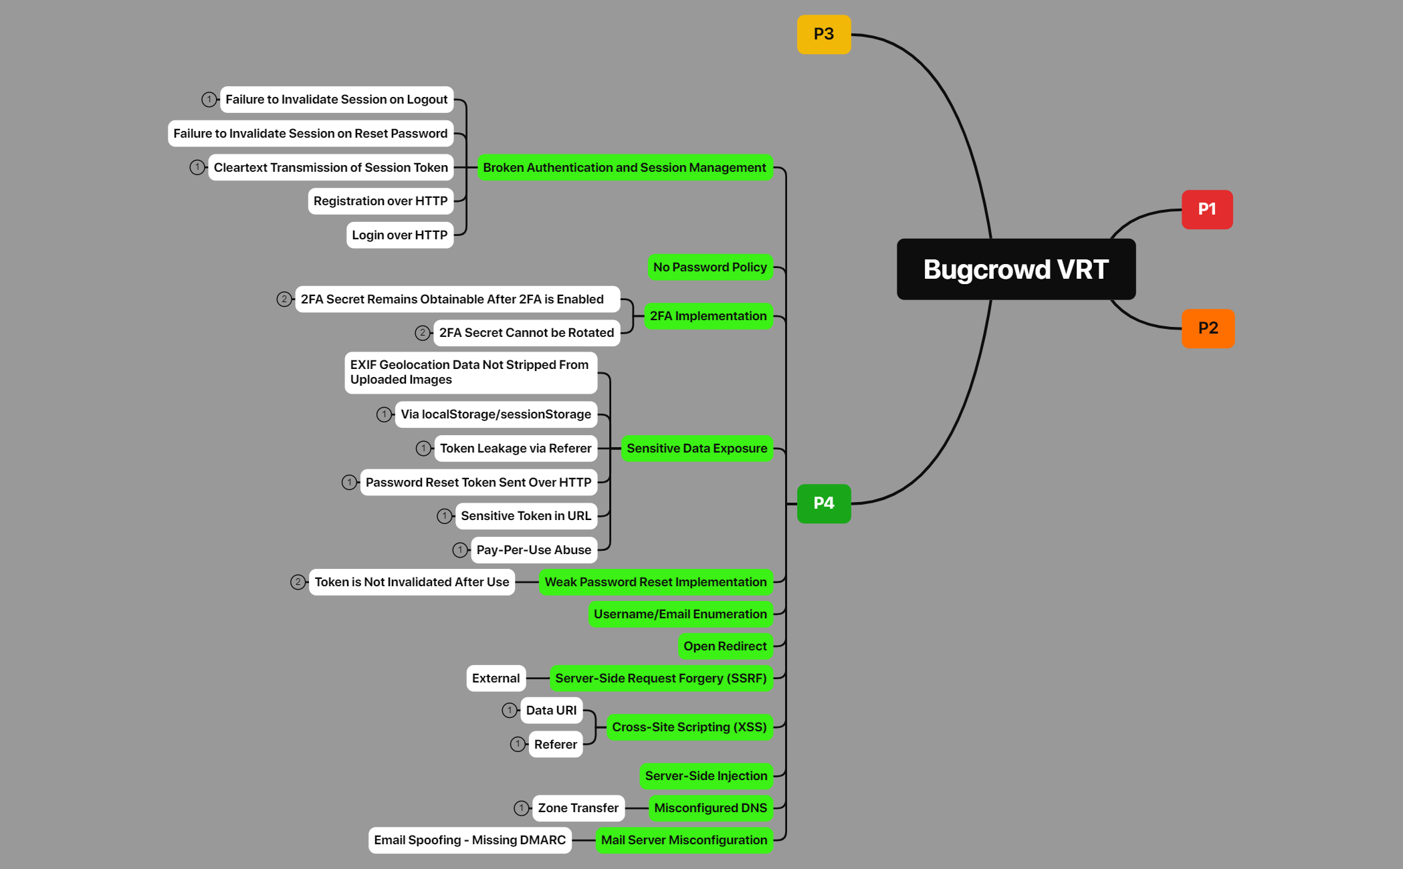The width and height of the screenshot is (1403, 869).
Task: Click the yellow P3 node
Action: pyautogui.click(x=823, y=34)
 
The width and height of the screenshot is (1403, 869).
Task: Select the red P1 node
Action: pyautogui.click(x=1206, y=209)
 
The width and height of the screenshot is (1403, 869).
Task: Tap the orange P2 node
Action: pyautogui.click(x=1207, y=328)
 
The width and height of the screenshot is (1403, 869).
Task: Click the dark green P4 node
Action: pyautogui.click(x=823, y=503)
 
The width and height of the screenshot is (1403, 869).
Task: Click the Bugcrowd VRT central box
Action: pyautogui.click(x=1015, y=269)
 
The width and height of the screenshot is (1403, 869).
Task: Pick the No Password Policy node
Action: pyautogui.click(x=710, y=267)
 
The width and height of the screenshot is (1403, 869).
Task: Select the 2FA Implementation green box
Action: pyautogui.click(x=708, y=316)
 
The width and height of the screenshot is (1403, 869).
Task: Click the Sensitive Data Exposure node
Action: pyautogui.click(x=696, y=449)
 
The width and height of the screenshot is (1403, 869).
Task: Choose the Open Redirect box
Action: pyautogui.click(x=724, y=646)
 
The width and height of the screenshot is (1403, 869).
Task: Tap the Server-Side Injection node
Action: pyautogui.click(x=706, y=776)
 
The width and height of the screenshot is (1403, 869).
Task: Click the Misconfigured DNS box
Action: pyautogui.click(x=710, y=808)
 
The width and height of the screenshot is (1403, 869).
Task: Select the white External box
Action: pyautogui.click(x=496, y=678)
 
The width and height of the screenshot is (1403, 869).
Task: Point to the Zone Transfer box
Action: pyautogui.click(x=578, y=808)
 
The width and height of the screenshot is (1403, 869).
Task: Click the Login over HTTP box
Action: pyautogui.click(x=399, y=235)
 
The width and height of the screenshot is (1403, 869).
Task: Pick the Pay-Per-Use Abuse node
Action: pyautogui.click(x=533, y=550)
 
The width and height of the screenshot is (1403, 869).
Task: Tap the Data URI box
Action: pyautogui.click(x=551, y=711)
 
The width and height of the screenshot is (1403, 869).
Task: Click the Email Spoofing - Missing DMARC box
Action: pyautogui.click(x=469, y=840)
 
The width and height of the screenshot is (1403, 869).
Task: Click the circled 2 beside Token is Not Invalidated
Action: pyautogui.click(x=298, y=582)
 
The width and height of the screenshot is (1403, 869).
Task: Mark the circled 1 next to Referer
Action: pyautogui.click(x=518, y=744)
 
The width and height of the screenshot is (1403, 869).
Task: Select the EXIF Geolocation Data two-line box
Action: pyautogui.click(x=469, y=372)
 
